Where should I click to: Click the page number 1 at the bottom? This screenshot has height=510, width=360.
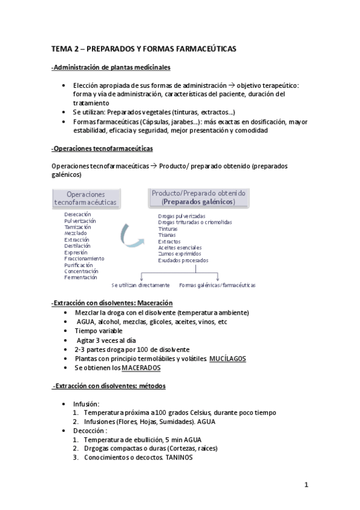point(306,485)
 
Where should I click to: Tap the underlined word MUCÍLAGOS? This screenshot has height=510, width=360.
point(227,358)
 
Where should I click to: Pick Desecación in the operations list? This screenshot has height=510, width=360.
point(78,214)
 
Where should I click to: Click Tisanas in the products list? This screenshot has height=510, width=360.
point(168,235)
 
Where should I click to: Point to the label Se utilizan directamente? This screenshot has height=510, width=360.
point(140,285)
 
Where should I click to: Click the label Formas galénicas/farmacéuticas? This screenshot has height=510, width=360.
point(217,285)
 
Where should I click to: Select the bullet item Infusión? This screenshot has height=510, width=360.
point(86,404)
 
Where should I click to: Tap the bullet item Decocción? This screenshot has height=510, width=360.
point(90,431)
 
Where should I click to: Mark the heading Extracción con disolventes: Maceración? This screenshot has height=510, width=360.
point(112,303)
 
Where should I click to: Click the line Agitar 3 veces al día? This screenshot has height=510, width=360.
point(106,340)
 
